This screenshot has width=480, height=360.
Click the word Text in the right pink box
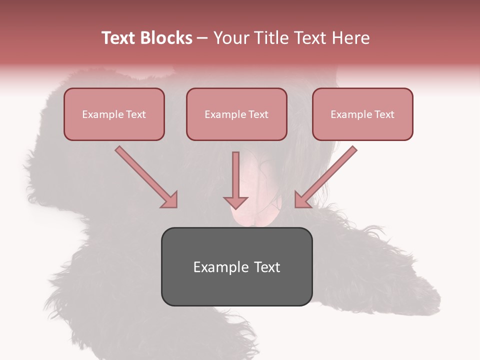(384, 114)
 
